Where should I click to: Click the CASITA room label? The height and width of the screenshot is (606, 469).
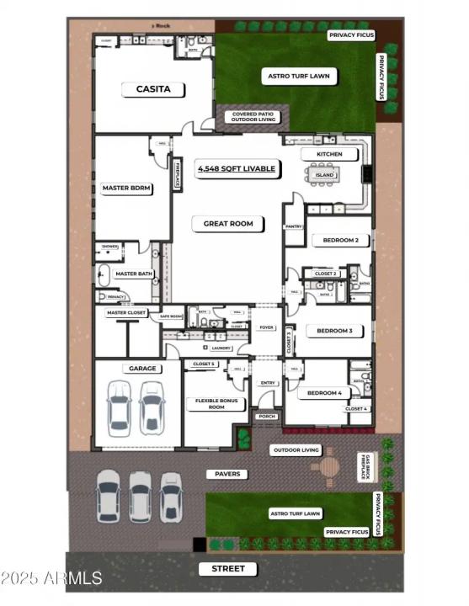pos(153,88)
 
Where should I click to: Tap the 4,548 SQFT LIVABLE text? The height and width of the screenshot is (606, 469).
pos(236,169)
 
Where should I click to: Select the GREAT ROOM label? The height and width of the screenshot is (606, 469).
pos(228,224)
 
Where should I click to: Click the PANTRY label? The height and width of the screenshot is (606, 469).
pos(294,226)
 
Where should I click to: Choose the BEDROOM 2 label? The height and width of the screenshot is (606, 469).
pos(340,241)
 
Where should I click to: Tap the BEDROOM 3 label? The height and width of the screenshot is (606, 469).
pos(334,331)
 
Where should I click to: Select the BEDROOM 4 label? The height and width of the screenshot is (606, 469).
pos(324,393)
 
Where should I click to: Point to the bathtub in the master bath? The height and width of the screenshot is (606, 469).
pos(104,274)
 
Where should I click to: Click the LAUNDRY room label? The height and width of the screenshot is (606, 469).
pos(221,348)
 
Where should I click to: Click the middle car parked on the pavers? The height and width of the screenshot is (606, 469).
pos(140,495)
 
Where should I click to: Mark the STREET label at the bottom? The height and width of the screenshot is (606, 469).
pos(228,569)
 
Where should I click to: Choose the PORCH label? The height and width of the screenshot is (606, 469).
pos(268,417)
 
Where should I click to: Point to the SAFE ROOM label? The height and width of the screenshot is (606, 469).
pos(171,316)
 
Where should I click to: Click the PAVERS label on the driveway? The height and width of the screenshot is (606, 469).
pos(227,474)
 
